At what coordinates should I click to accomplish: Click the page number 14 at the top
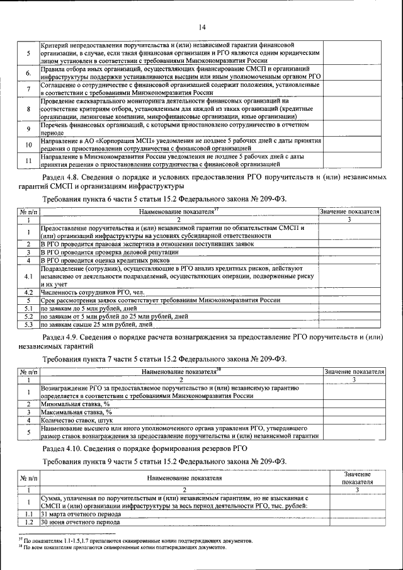point(202,26)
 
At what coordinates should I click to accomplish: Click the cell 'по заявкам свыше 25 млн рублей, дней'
point(97,325)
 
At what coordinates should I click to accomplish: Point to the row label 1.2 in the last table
point(28,522)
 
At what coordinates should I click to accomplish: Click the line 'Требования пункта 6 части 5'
point(164,199)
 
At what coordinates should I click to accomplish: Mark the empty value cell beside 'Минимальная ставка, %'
point(354,403)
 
